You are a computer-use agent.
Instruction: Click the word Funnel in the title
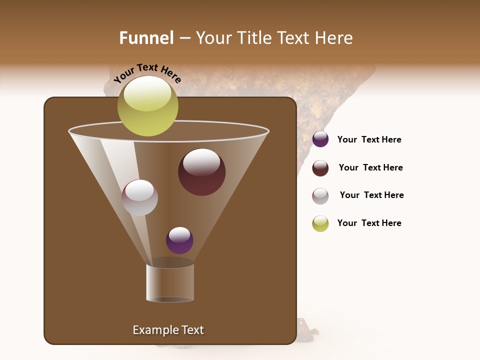[x=146, y=38]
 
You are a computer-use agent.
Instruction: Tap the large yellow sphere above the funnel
[x=148, y=106]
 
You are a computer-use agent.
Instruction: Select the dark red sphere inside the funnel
[x=202, y=173]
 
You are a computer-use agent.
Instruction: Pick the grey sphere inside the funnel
[x=139, y=198]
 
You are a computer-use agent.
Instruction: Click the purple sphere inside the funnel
[x=179, y=240]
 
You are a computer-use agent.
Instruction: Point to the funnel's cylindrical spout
[x=170, y=282]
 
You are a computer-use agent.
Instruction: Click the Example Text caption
[x=168, y=330]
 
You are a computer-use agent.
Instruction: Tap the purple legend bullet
[x=320, y=139]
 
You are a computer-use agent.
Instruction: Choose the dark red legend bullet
[x=320, y=168]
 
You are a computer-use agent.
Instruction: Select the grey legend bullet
[x=320, y=196]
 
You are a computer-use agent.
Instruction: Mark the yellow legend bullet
[x=320, y=223]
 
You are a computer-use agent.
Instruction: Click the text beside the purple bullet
[x=369, y=140]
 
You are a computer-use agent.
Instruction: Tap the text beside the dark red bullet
[x=370, y=168]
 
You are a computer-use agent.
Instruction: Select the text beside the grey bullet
[x=371, y=195]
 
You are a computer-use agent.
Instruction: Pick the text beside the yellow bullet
[x=369, y=223]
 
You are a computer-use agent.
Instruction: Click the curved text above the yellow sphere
[x=147, y=73]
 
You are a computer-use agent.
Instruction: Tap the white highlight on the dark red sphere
[x=201, y=161]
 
